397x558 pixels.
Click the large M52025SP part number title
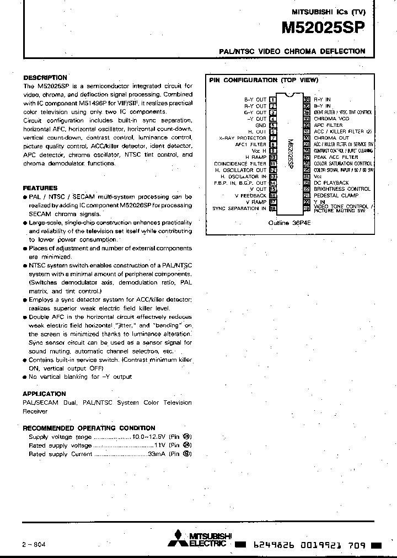point(324,29)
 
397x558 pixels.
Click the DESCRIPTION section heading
point(45,78)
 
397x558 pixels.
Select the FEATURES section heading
point(40,188)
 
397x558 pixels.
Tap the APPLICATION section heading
point(44,394)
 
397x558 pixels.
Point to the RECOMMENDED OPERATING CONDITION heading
point(89,428)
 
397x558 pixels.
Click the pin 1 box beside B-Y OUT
point(273,100)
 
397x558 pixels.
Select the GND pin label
point(260,125)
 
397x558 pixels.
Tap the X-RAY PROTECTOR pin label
point(243,138)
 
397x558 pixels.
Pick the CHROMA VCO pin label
point(331,119)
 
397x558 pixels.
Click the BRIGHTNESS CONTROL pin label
point(342,189)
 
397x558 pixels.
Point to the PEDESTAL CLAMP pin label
point(336,195)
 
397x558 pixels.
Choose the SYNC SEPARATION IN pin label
point(239,208)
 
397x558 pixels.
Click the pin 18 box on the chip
point(273,208)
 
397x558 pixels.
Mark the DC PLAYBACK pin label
point(331,183)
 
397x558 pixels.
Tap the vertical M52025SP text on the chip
point(290,154)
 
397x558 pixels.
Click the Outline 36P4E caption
point(289,223)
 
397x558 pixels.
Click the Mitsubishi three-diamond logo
point(178,539)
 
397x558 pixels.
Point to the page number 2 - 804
point(34,544)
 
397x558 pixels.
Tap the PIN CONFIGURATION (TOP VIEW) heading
point(263,80)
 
